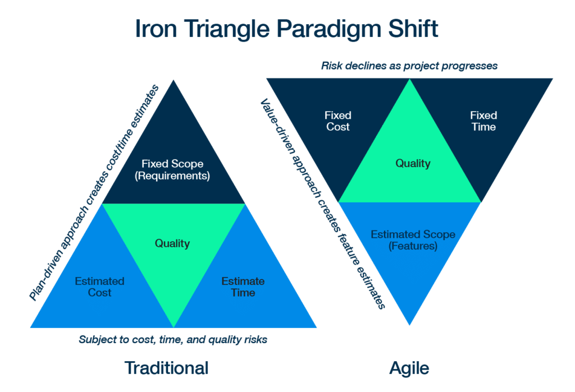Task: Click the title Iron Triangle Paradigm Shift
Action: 287,29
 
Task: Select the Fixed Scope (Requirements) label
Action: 172,169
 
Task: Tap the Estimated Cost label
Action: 100,287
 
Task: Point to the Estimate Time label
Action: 243,287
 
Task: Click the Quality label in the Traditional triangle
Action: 172,243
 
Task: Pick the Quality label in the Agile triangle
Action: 413,163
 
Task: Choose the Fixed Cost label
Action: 337,121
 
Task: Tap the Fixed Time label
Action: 483,121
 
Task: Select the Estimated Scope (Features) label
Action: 413,240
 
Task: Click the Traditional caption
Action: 166,368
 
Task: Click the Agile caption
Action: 409,368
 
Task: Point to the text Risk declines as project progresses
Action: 409,66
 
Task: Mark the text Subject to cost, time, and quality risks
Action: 173,340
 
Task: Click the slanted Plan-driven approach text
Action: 94,192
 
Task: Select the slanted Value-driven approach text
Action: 323,204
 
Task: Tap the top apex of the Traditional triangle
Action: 174,80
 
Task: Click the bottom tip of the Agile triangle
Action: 409,325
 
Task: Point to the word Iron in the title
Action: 156,28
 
